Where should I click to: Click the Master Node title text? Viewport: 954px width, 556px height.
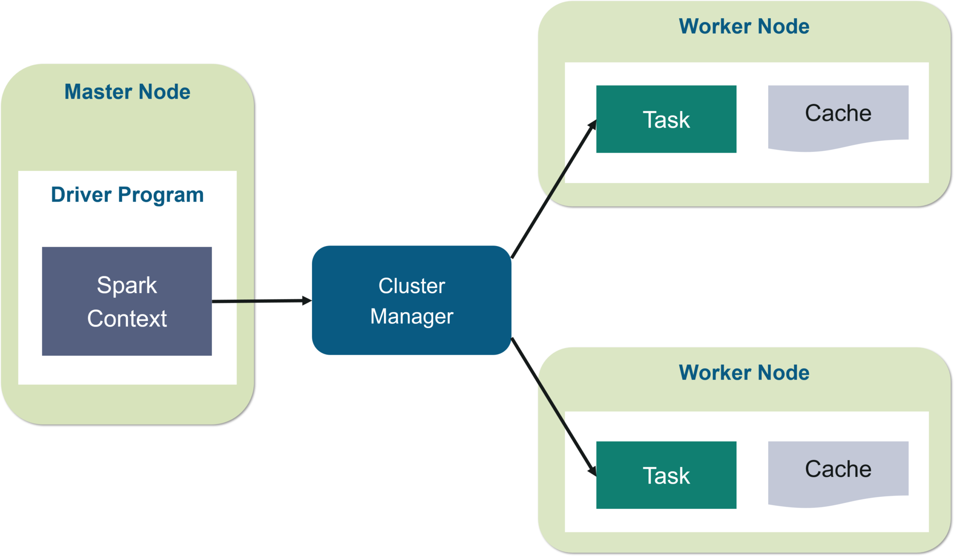127,92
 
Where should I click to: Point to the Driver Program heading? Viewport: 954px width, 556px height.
127,195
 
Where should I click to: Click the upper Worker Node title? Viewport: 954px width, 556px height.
744,27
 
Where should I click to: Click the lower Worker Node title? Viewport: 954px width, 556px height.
744,373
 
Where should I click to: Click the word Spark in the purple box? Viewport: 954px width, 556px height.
127,285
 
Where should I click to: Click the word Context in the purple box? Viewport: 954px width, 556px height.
127,319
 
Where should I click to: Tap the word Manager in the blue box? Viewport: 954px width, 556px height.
412,316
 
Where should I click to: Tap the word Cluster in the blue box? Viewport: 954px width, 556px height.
412,286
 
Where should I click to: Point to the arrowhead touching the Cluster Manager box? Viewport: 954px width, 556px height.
307,301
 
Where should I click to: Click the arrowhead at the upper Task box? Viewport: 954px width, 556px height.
593,125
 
